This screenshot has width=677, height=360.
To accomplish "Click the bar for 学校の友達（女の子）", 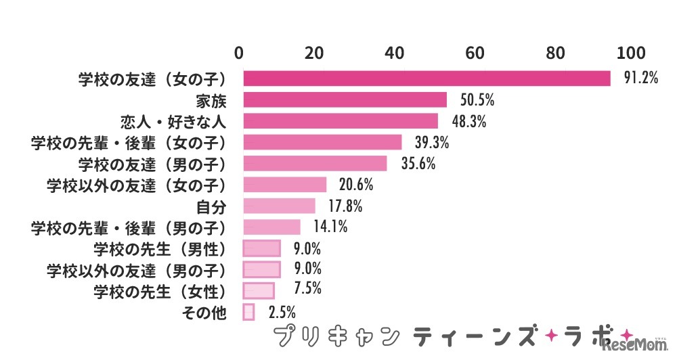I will pyautogui.click(x=427, y=78).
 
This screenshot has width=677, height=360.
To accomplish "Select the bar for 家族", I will pyautogui.click(x=345, y=100).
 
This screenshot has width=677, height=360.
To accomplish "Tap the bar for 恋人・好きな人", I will pyautogui.click(x=341, y=121).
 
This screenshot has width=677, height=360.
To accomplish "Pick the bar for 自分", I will pyautogui.click(x=279, y=206).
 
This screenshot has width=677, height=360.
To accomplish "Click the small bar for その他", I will pyautogui.click(x=248, y=312).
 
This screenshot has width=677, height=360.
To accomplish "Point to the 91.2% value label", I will pyautogui.click(x=640, y=78).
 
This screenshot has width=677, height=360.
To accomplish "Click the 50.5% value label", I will pyautogui.click(x=477, y=100).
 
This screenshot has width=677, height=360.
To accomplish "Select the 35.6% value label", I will pyautogui.click(x=417, y=163).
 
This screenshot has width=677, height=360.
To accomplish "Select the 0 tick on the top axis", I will pyautogui.click(x=239, y=53).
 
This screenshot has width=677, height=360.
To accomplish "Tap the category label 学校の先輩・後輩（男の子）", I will pyautogui.click(x=128, y=227).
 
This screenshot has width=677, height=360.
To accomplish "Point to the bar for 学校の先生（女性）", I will pyautogui.click(x=259, y=290).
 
